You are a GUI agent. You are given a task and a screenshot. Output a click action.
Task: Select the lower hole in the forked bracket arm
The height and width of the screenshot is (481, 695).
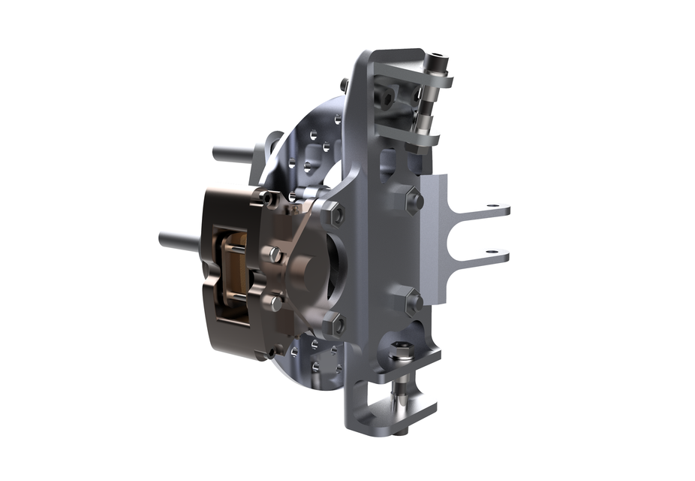(x=492, y=252)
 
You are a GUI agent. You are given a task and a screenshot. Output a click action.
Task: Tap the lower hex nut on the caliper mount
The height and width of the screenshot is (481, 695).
(x=333, y=325)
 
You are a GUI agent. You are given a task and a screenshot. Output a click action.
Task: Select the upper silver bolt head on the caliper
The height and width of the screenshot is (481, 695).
(x=275, y=254)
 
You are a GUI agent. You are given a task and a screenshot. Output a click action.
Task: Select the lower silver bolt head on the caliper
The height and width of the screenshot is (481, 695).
(x=275, y=302)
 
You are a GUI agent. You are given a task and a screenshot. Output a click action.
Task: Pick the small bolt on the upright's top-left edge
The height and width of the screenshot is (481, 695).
(x=344, y=83)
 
